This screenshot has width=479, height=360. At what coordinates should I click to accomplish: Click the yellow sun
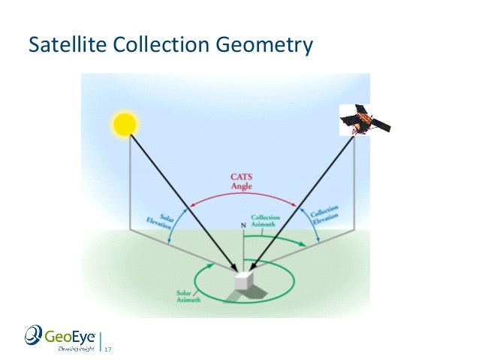click(125, 123)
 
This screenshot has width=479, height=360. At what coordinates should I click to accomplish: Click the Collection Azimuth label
click(266, 221)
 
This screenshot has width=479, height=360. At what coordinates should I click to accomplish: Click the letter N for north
click(243, 225)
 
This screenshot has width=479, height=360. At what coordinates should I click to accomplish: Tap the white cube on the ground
click(243, 283)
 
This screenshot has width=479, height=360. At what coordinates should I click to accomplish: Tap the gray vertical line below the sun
click(131, 180)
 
